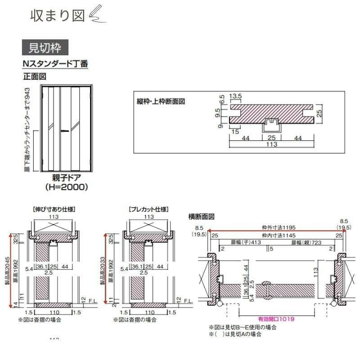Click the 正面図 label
(35, 76)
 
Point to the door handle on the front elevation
(66, 130)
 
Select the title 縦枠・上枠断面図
(161, 101)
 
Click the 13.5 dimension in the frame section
(236, 96)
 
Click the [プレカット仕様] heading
(148, 209)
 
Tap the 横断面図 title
(201, 216)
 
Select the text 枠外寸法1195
(276, 228)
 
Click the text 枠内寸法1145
(276, 235)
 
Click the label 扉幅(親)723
(306, 243)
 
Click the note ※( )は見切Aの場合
(235, 334)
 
